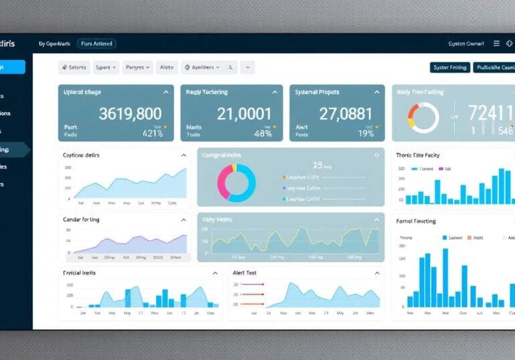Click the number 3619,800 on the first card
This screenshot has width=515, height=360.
(130, 114)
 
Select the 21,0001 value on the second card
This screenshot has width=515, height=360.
(244, 114)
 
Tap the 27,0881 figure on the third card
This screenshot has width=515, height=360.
(346, 114)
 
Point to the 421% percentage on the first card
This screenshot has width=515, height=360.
(153, 133)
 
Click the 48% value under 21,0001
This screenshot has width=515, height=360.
(263, 133)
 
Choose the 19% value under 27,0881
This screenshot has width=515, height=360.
(366, 133)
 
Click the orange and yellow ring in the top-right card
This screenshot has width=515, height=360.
(424, 117)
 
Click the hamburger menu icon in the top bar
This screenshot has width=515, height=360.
(496, 43)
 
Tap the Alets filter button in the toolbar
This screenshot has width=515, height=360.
(167, 67)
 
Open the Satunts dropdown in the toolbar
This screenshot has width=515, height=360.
(74, 67)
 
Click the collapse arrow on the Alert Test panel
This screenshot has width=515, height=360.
(376, 273)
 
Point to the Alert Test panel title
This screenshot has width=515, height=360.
(244, 273)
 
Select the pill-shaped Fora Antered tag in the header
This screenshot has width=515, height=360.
(96, 43)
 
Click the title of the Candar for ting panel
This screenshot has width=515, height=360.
(81, 219)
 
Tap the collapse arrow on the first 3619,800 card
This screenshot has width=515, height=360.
(165, 92)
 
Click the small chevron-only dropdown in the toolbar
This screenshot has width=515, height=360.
(247, 67)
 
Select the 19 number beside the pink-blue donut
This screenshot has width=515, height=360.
(318, 165)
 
